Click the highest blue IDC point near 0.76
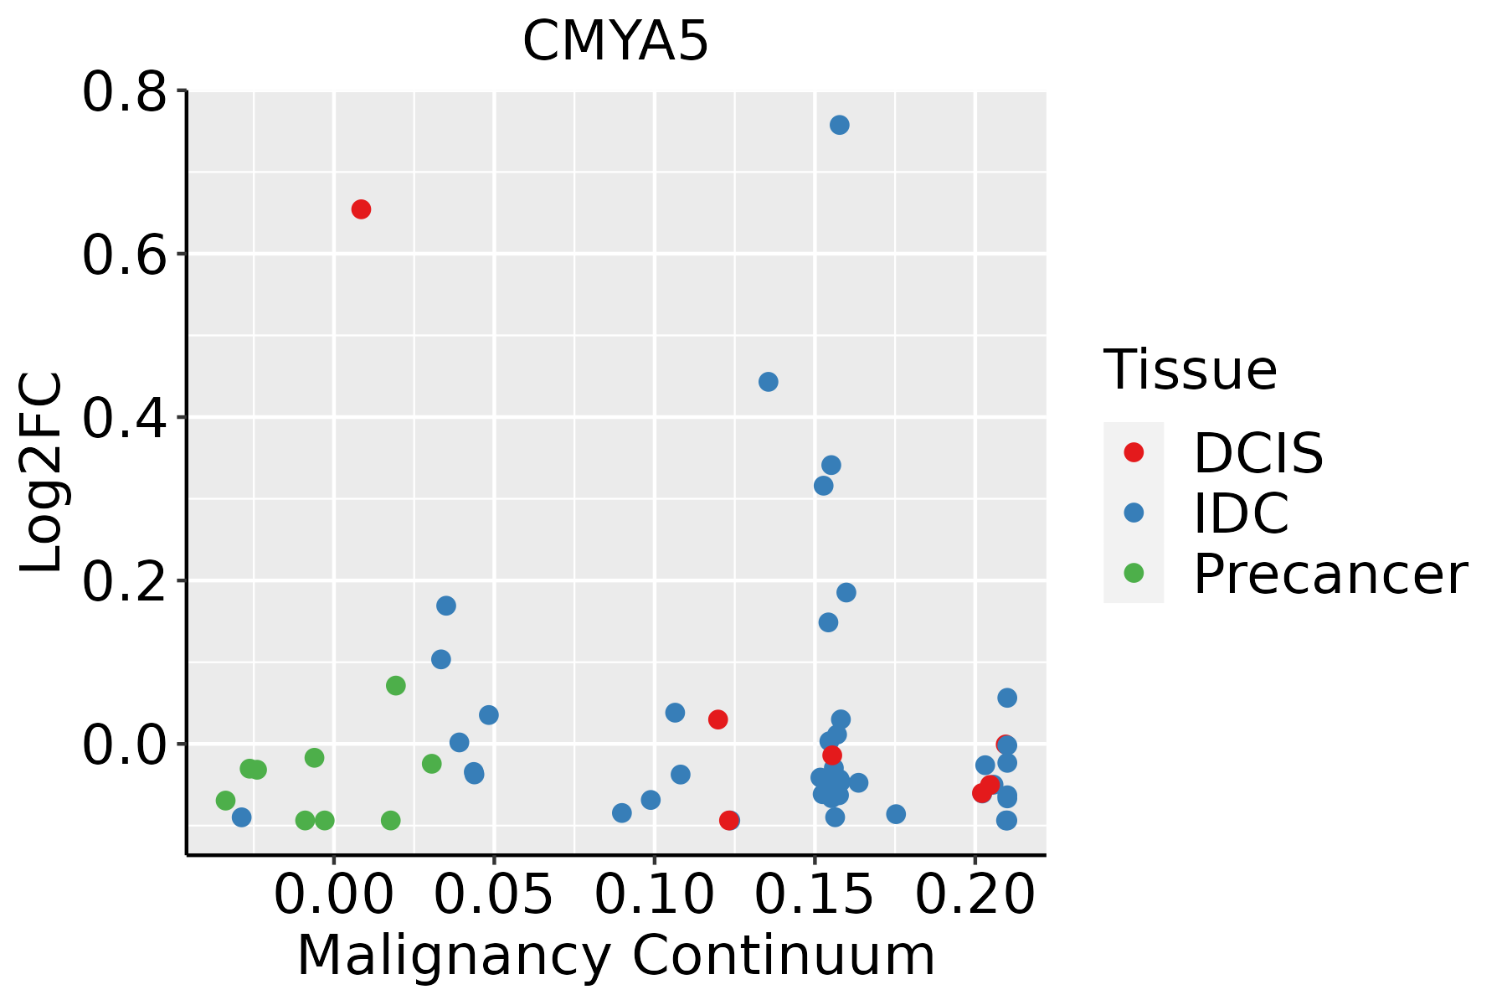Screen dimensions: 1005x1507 click(839, 125)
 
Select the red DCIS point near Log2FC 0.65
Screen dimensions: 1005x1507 click(361, 209)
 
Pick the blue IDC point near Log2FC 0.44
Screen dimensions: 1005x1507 click(768, 382)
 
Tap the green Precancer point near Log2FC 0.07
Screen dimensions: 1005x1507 click(396, 686)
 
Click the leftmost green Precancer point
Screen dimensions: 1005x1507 click(225, 801)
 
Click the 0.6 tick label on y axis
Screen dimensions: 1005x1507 click(123, 255)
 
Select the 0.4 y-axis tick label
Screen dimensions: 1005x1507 click(123, 418)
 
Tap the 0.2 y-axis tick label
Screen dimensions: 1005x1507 click(123, 581)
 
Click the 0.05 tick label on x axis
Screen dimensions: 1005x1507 click(494, 895)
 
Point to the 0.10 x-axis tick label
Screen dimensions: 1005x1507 click(655, 895)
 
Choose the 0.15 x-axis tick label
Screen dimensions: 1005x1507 click(815, 895)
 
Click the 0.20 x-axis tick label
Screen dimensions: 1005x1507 click(975, 895)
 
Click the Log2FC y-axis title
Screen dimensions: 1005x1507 click(42, 472)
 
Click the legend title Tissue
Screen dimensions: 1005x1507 click(1190, 369)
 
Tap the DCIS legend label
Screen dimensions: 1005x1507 click(1258, 454)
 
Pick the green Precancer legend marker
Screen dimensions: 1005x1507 click(1134, 574)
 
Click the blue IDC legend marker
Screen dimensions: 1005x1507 click(1134, 513)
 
